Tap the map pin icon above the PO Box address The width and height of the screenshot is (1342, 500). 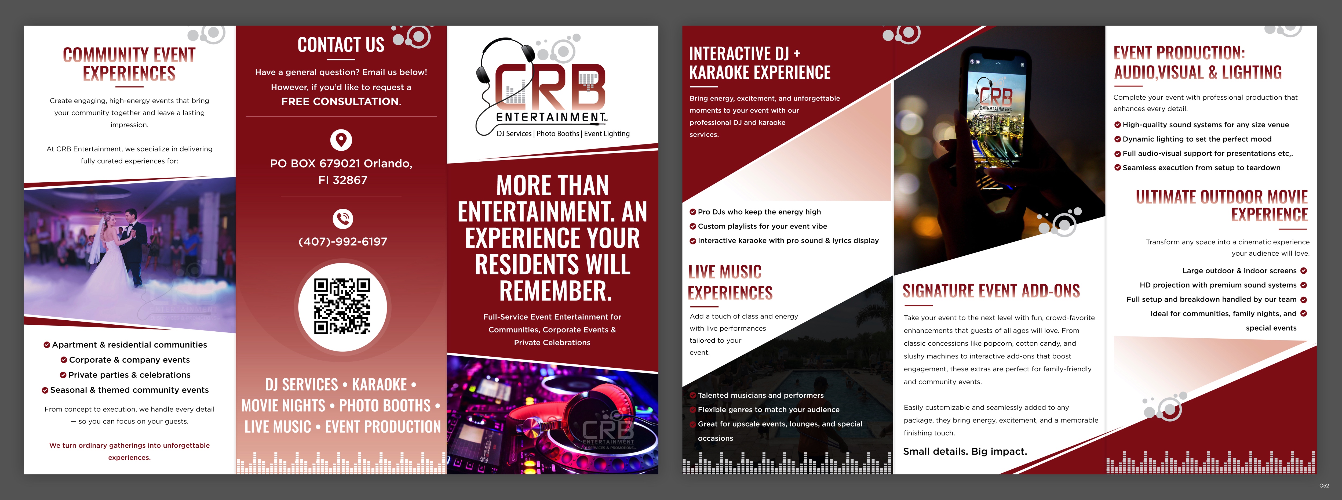341,140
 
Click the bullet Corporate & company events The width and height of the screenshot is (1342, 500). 129,360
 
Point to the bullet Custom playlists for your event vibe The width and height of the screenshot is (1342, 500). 762,226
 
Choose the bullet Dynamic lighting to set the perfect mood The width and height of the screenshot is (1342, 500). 1197,139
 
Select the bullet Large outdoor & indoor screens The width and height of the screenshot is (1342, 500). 1239,271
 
